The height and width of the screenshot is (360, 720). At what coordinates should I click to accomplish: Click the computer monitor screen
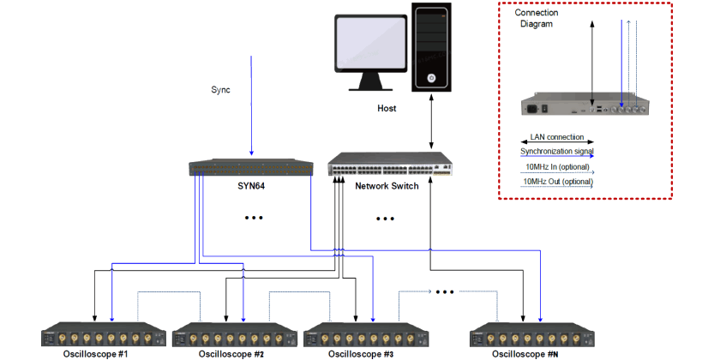tap(371, 45)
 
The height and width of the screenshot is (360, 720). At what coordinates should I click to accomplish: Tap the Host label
tap(387, 109)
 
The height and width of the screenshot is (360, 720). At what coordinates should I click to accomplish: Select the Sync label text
tap(221, 89)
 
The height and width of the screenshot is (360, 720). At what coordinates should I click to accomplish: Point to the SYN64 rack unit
tap(250, 167)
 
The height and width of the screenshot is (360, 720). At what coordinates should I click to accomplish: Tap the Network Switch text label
tap(387, 185)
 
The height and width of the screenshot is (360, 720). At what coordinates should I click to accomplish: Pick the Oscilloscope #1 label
tap(95, 353)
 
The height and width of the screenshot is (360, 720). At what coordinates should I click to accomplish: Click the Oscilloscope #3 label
tap(361, 353)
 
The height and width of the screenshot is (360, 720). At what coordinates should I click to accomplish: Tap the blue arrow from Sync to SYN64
tap(251, 103)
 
